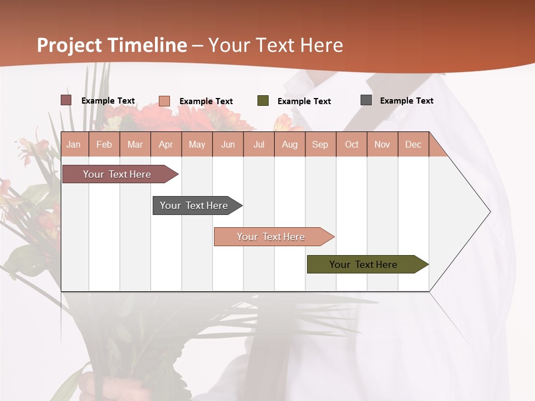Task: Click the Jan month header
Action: click(x=74, y=144)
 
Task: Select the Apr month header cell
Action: click(x=166, y=144)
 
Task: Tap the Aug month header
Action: click(x=289, y=144)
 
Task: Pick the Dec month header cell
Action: click(x=413, y=144)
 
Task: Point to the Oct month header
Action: click(x=352, y=144)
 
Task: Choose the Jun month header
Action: click(x=228, y=144)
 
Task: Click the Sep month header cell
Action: click(x=320, y=144)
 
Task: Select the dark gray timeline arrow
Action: click(x=195, y=206)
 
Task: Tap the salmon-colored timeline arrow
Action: click(x=272, y=237)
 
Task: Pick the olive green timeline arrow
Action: click(x=365, y=265)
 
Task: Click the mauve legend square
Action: click(x=66, y=100)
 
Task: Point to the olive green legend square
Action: click(x=263, y=101)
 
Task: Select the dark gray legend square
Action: click(x=366, y=100)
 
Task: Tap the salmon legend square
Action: click(x=164, y=101)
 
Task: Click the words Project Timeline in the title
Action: click(x=111, y=45)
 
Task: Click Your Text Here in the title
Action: click(x=276, y=45)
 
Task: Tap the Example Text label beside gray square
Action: click(x=406, y=100)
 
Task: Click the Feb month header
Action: click(x=104, y=144)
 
